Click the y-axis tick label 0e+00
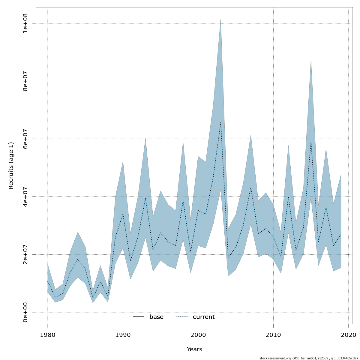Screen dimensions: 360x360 [x=25, y=312]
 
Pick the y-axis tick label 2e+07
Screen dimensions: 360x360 [x=25, y=254]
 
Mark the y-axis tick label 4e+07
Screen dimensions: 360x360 [x=25, y=196]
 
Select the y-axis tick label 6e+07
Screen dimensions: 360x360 [x=25, y=139]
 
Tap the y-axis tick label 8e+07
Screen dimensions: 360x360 [x=25, y=81]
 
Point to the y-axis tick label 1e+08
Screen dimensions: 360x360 [x=25, y=23]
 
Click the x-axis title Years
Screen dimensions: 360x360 [x=194, y=349]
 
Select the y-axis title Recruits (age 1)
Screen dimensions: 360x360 [x=11, y=166]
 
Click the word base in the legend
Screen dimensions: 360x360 [x=156, y=317]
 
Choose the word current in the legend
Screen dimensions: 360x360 [x=204, y=317]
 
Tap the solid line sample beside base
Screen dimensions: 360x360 [x=139, y=317]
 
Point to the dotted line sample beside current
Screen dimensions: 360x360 [x=182, y=317]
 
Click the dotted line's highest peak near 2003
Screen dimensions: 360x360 [x=221, y=122]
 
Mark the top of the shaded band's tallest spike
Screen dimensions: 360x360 [x=221, y=19]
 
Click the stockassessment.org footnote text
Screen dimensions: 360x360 [x=309, y=358]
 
